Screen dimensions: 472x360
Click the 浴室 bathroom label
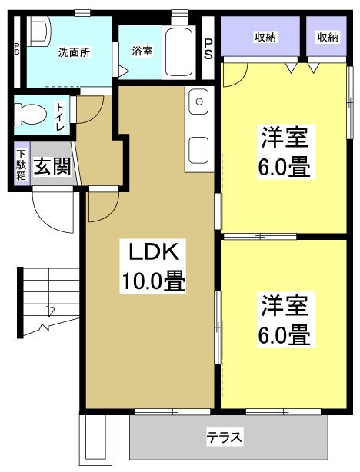tap(142, 52)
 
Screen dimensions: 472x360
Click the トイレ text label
tap(60, 112)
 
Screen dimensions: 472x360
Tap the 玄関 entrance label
tap(51, 166)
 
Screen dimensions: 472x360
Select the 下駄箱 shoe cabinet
tap(21, 165)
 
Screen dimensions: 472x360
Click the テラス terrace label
tap(225, 437)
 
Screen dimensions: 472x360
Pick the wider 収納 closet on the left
tap(261, 37)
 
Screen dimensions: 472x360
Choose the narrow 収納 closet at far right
tap(327, 37)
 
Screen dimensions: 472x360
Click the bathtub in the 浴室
tap(182, 52)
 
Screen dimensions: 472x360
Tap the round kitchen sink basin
tap(198, 101)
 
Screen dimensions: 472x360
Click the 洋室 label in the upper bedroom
tap(284, 139)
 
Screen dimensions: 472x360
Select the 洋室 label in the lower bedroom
tap(284, 307)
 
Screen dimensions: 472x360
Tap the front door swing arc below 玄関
tap(54, 211)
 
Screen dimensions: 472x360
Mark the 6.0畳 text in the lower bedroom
tap(284, 335)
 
